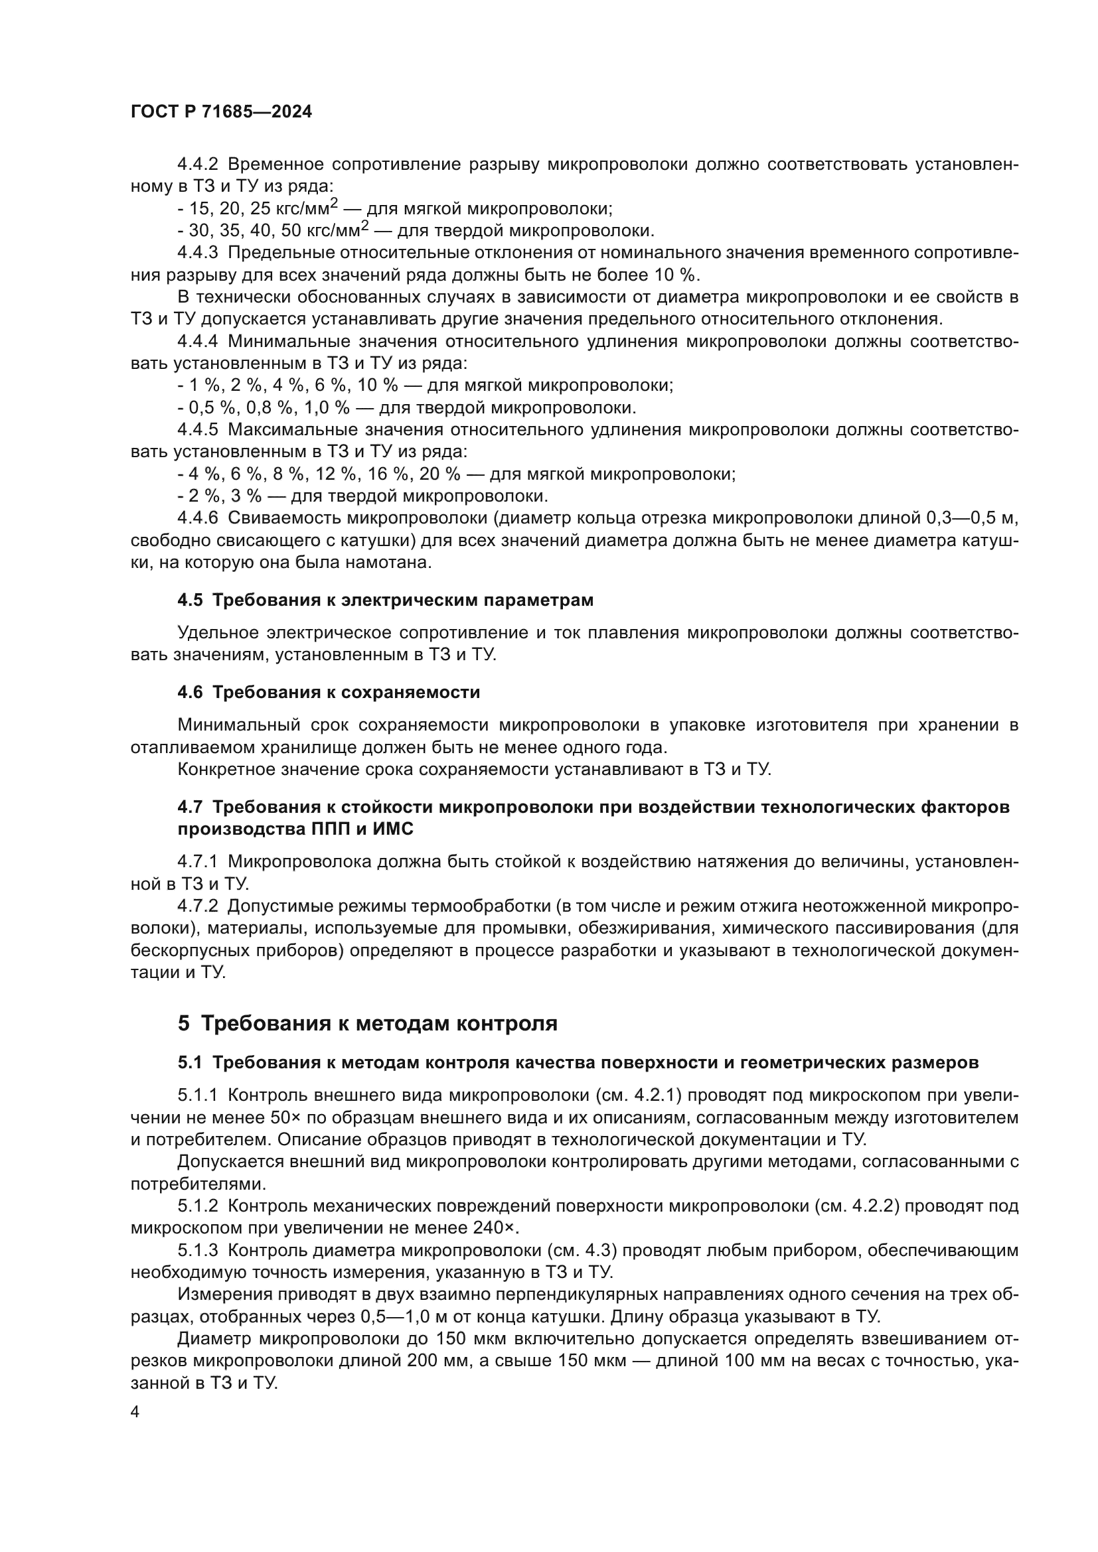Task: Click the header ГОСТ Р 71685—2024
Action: click(x=221, y=112)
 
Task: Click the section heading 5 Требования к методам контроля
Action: click(x=367, y=1023)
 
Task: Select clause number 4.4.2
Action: click(x=197, y=165)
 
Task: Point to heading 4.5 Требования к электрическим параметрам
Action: click(x=386, y=600)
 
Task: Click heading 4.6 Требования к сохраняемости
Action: click(x=329, y=692)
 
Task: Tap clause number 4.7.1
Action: click(x=197, y=861)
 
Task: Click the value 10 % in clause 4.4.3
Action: click(x=676, y=275)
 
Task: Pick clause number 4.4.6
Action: click(x=197, y=518)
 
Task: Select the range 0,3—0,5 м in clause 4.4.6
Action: click(x=968, y=518)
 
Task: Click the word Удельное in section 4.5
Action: click(x=217, y=633)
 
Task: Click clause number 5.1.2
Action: click(x=197, y=1206)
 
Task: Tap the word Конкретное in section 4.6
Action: click(x=223, y=769)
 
